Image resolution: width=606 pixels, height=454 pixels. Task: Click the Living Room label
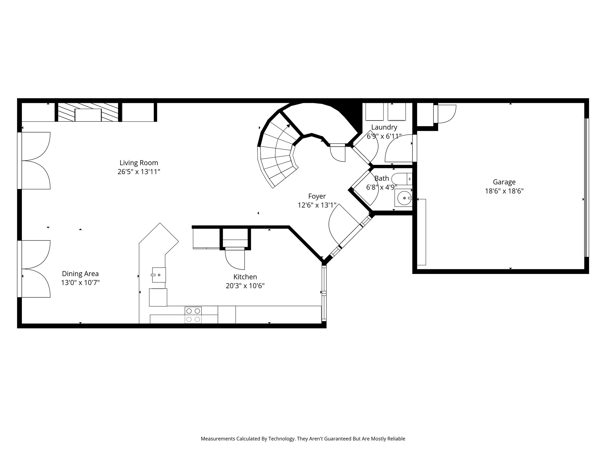[x=139, y=163]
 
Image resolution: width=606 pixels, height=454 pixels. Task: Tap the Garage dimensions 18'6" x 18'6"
[x=504, y=191]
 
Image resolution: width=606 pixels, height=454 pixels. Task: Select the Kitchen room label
[x=245, y=277]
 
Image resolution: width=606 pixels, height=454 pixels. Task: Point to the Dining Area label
[x=80, y=274]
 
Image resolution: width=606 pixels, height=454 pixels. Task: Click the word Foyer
[x=317, y=196]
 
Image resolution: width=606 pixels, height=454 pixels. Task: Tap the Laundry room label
[x=384, y=127]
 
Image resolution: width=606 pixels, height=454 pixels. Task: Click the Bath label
[x=382, y=179]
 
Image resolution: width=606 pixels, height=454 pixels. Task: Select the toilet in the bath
[x=402, y=179]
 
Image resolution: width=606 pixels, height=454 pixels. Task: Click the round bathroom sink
[x=404, y=198]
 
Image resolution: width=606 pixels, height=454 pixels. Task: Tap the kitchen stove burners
[x=193, y=315]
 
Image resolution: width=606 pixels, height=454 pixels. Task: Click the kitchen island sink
[x=159, y=275]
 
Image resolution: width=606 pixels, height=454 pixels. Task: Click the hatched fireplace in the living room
[x=88, y=112]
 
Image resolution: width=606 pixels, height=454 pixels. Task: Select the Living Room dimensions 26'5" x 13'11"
[x=139, y=172]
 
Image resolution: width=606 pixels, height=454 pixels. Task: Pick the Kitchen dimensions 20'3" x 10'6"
[x=245, y=286]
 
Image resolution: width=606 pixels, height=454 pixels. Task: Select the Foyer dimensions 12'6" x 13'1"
[x=317, y=205]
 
